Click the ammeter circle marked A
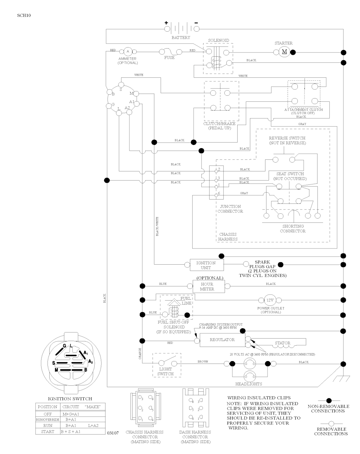[x=128, y=52]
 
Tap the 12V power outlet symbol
[x=270, y=300]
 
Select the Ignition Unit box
[x=206, y=265]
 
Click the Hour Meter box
[x=207, y=286]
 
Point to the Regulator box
[x=222, y=340]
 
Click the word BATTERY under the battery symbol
[x=181, y=37]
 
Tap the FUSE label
[x=169, y=58]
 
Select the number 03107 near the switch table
[x=113, y=432]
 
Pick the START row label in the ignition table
[x=47, y=431]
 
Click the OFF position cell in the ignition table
[x=47, y=414]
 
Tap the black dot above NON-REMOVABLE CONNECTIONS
[x=329, y=401]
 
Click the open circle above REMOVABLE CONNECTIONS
[x=331, y=423]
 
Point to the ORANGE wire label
[x=140, y=353]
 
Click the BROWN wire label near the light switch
[x=202, y=362]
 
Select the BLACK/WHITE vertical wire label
[x=157, y=226]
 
